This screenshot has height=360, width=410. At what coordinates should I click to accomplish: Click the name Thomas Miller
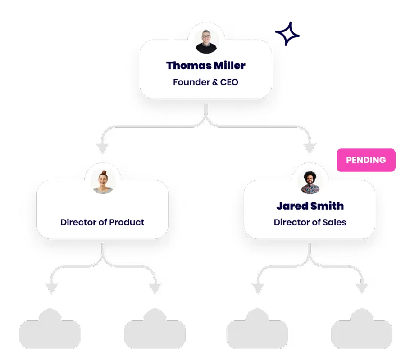206,66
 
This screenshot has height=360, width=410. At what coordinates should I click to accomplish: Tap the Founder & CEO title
206,82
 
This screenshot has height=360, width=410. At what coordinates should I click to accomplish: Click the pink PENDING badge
366,160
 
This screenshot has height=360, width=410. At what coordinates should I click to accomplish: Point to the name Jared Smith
310,206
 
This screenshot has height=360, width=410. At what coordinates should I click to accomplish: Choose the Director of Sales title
310,222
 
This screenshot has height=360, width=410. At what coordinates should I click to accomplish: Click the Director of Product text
102,222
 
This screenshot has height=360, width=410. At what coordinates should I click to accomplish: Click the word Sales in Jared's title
336,222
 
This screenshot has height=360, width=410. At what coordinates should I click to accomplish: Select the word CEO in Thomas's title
229,82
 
